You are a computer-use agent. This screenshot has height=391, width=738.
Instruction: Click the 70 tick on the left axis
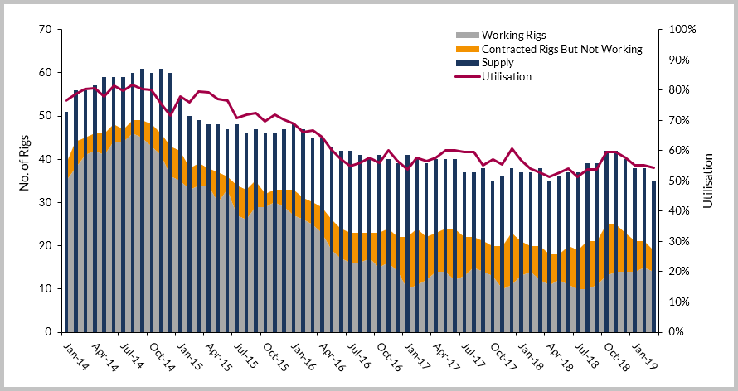point(46,30)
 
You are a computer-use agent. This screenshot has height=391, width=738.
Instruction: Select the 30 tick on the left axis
point(46,202)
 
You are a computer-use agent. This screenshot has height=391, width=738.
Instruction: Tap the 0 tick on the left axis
point(50,332)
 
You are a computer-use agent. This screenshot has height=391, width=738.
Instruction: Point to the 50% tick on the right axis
point(682,181)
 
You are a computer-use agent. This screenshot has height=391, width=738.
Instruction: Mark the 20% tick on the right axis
point(682,272)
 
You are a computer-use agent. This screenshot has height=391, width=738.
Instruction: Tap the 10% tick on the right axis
point(682,302)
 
